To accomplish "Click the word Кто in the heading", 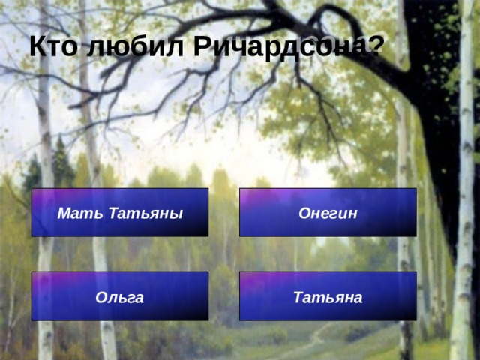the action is [x=53, y=46].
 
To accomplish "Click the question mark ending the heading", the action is [x=375, y=45].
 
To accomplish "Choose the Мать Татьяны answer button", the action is [x=120, y=212].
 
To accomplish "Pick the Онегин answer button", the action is [x=328, y=212].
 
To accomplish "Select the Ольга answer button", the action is [x=120, y=296].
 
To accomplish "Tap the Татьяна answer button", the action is [x=328, y=296].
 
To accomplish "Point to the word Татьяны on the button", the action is [x=145, y=213].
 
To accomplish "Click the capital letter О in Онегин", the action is [x=305, y=213].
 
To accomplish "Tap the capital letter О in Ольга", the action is [x=102, y=297].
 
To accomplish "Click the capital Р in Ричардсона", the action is [x=202, y=46].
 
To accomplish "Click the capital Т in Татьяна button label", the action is [x=299, y=297].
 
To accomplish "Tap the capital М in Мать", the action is [x=64, y=213].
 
